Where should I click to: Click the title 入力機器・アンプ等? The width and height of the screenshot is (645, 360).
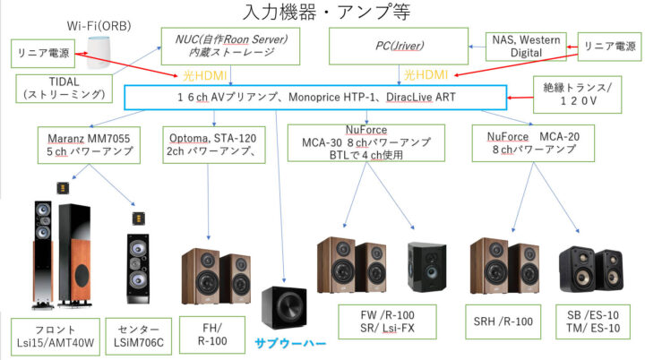(x=322, y=13)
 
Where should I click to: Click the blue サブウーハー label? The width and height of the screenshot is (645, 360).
(x=292, y=341)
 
